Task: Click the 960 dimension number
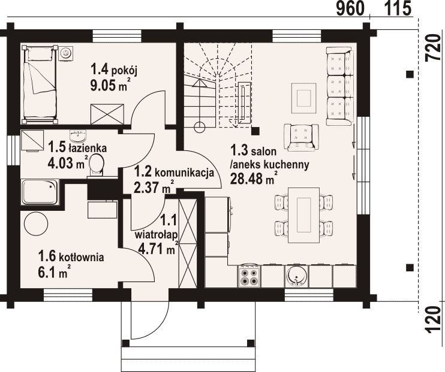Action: pos(350,8)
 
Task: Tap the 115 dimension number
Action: pos(398,8)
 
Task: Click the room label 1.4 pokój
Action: pos(114,69)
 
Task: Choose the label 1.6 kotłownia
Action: pos(71,257)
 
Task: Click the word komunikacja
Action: pos(184,173)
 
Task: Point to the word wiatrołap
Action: pos(157,235)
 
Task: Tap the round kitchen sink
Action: pos(296,276)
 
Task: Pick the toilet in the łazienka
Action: pos(97,165)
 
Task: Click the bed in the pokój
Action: pos(40,84)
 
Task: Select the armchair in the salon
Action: pos(301,137)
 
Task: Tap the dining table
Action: pos(303,215)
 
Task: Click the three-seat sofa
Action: pos(340,86)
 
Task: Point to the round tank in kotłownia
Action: pos(36,223)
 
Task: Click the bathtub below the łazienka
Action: pos(40,192)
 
